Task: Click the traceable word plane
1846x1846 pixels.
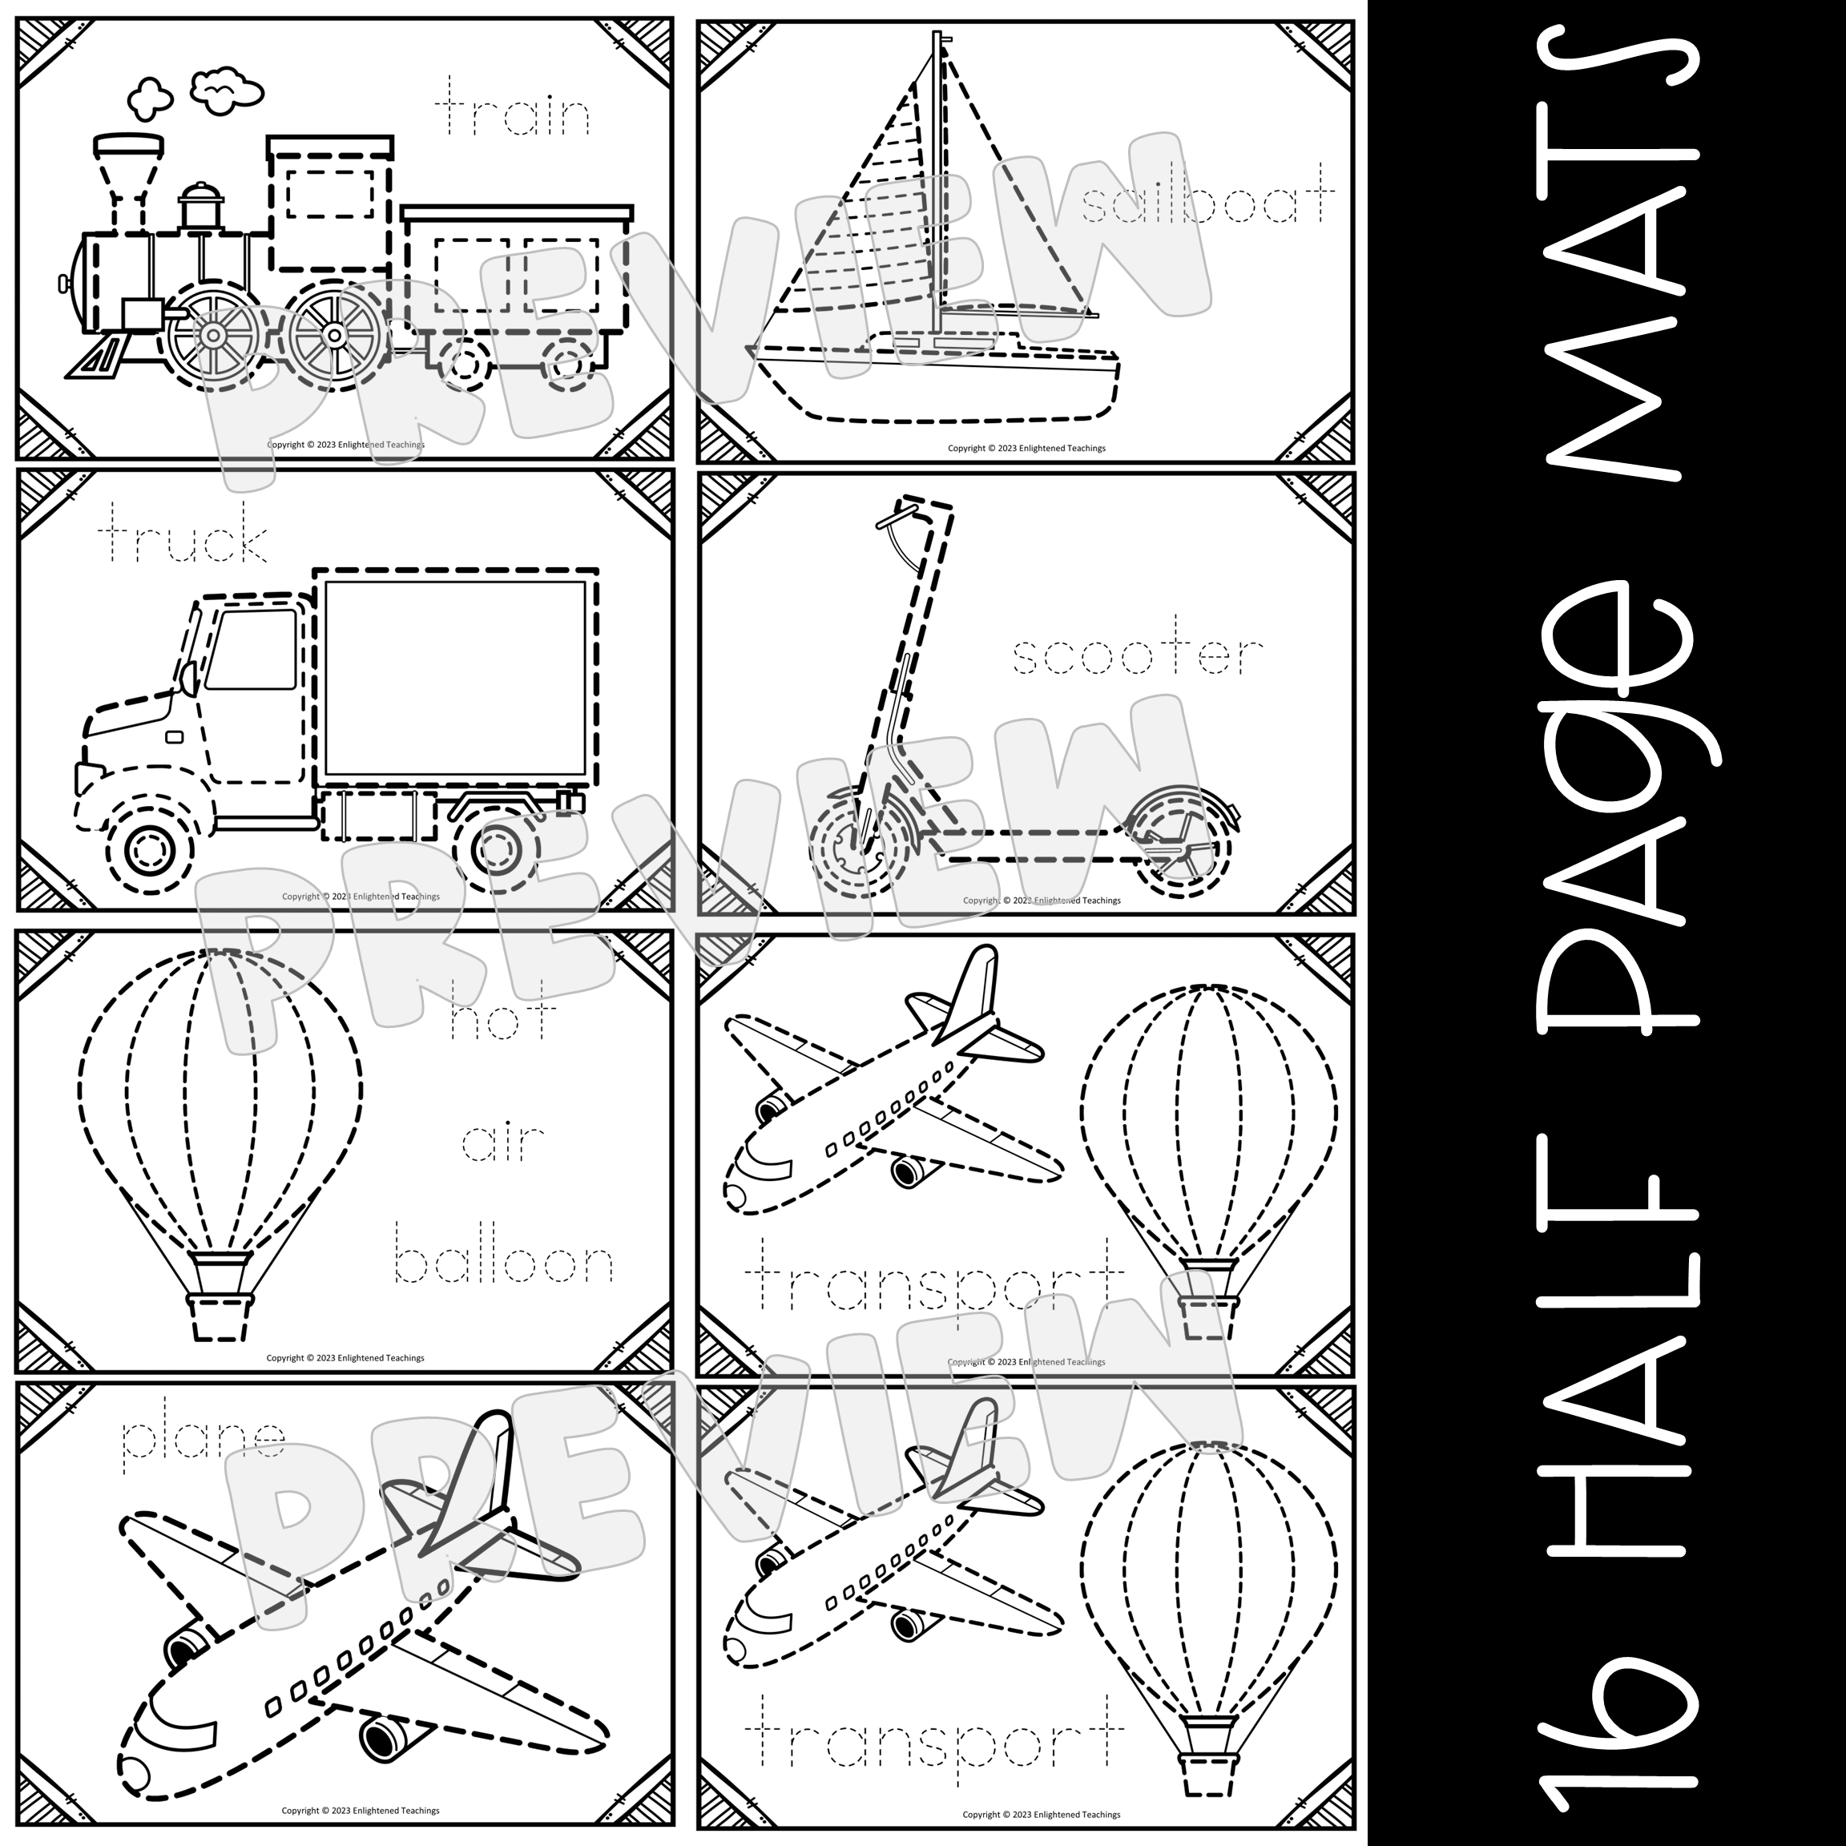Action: [204, 1440]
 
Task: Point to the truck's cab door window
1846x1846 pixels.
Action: [252, 650]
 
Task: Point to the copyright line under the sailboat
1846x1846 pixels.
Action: [1026, 448]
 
